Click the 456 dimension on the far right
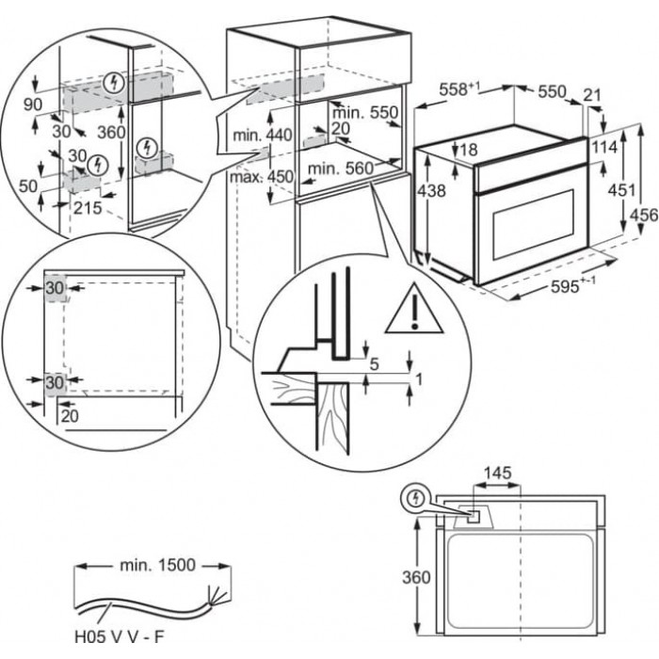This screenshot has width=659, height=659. click(643, 216)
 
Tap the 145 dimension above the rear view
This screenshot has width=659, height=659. click(498, 473)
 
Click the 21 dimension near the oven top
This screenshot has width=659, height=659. click(590, 95)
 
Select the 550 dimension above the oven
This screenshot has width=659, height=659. click(551, 91)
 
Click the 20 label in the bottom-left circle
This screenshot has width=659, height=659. click(70, 414)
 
